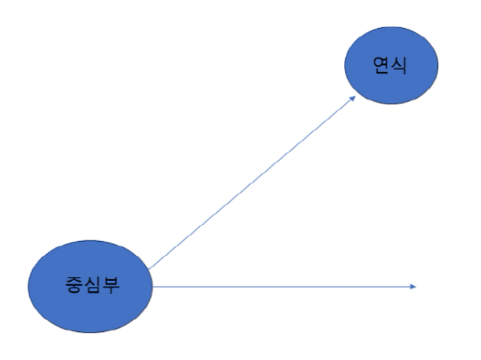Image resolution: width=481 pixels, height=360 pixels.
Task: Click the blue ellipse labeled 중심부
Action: pos(90,286)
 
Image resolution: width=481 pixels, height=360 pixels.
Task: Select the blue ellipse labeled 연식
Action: pos(391,67)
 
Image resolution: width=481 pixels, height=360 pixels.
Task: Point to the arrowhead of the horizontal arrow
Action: pos(414,286)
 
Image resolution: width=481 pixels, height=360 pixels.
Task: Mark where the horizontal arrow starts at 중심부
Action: pos(153,286)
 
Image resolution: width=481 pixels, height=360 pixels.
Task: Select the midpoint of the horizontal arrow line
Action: pos(284,286)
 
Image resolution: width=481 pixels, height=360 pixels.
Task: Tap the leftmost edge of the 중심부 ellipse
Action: pos(27,286)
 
